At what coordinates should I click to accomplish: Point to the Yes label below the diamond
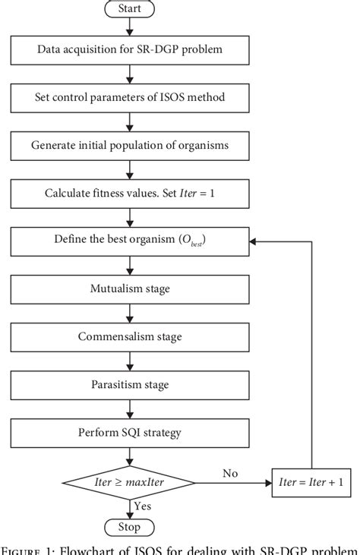[141, 505]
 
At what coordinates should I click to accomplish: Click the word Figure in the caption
[24, 548]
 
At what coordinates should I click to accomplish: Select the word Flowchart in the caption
[95, 548]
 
